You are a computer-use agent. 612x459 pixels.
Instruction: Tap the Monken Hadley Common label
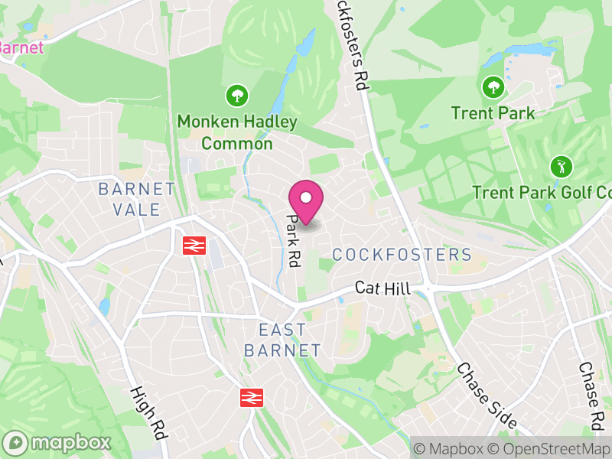click(226, 132)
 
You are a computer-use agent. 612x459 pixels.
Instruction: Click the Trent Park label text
click(493, 113)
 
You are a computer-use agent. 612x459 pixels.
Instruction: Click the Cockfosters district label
click(402, 255)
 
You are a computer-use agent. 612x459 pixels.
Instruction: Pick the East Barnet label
click(282, 340)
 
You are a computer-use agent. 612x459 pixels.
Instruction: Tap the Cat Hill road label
click(382, 288)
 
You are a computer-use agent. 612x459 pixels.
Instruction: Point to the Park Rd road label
click(292, 239)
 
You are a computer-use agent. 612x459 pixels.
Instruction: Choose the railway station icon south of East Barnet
click(251, 397)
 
